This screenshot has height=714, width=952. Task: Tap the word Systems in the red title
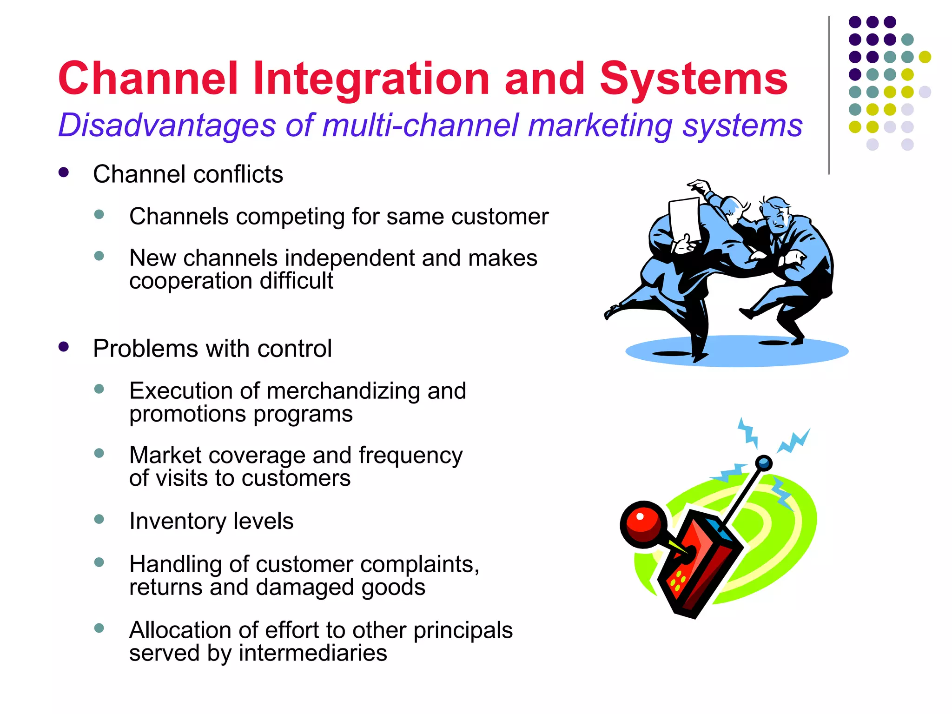[x=694, y=79]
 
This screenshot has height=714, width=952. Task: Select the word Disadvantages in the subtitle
[x=167, y=126]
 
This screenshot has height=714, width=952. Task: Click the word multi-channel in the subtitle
[x=421, y=126]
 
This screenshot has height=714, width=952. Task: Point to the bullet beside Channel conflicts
[x=64, y=173]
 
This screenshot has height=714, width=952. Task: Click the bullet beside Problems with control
[x=64, y=347]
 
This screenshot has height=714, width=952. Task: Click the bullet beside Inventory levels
[x=99, y=519]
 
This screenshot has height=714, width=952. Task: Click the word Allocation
[x=180, y=630]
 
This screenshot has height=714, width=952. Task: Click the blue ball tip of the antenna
[x=763, y=463]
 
